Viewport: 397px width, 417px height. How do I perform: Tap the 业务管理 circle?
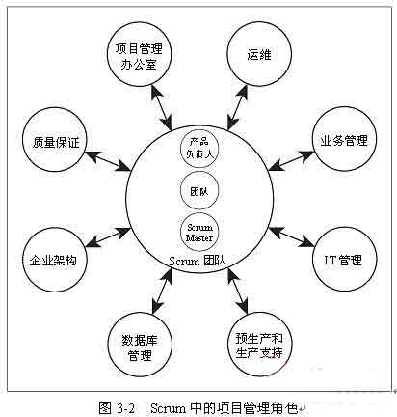pos(341,140)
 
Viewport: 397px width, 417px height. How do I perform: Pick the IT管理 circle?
pos(341,260)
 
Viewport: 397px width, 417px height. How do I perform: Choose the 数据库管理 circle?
pos(140,345)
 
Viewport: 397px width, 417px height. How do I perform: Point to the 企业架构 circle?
pos(53,260)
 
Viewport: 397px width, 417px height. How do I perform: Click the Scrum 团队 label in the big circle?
pos(196,262)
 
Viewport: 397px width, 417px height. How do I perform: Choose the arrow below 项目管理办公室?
pos(161,104)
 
